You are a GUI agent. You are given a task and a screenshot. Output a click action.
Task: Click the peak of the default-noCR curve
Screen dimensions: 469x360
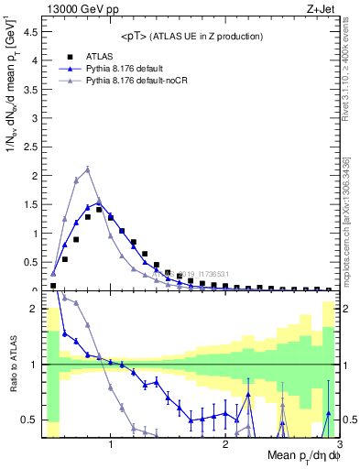click(x=87, y=169)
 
